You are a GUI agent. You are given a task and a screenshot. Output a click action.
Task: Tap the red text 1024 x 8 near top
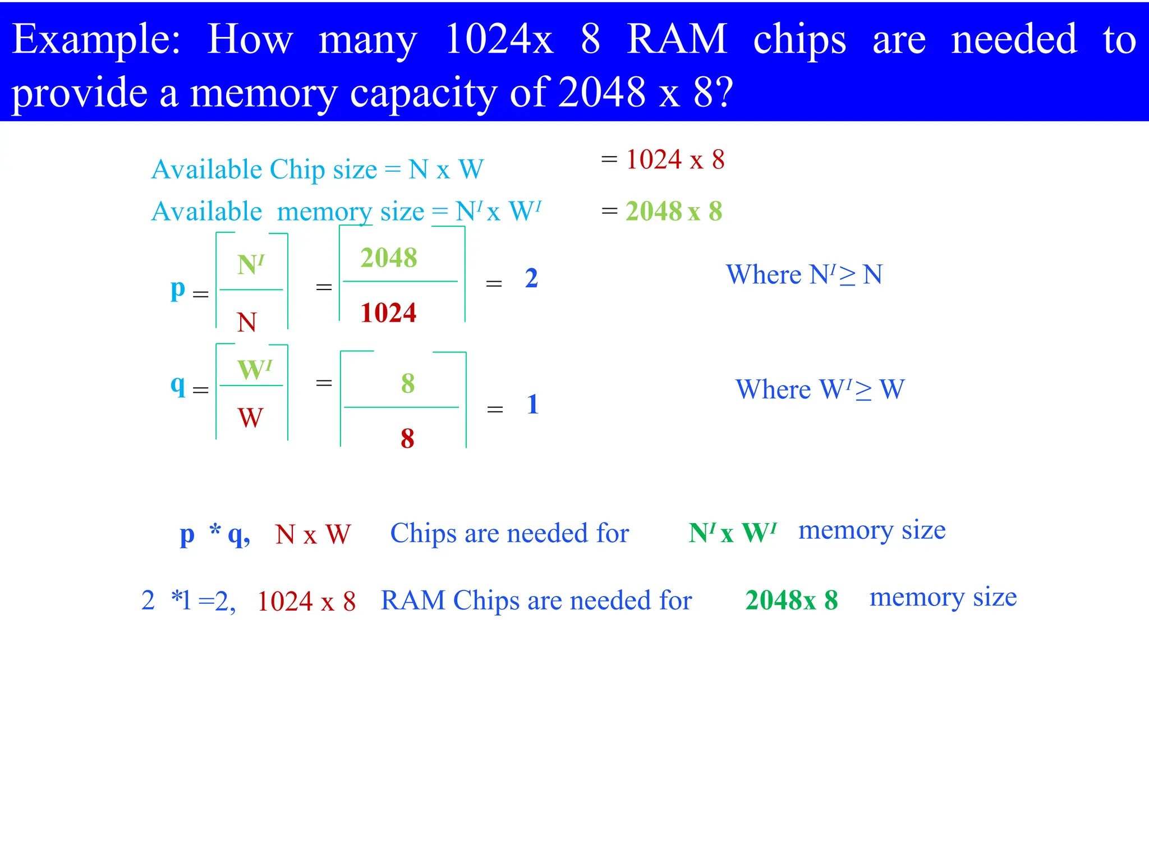coord(675,160)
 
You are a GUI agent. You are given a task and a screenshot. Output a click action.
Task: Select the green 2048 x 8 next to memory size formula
coord(674,212)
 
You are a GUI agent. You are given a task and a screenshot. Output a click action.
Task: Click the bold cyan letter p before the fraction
coord(178,289)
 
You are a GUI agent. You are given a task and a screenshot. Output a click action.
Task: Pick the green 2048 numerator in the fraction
coord(389,258)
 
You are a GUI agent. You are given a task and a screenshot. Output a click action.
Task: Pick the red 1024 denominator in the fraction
coord(388,313)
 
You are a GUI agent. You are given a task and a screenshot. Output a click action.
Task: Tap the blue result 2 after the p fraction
coord(531,278)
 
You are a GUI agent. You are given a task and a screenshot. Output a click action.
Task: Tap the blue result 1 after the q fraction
coord(533,405)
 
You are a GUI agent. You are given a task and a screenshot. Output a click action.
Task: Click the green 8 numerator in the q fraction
coord(408,384)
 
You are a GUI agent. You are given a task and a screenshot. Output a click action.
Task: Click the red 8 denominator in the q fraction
coord(407,438)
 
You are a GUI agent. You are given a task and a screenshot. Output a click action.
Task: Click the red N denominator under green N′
coord(247,322)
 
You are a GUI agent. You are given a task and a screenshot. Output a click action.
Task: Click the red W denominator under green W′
coord(250,418)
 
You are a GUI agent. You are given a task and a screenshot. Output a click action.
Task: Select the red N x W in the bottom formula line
coord(312,534)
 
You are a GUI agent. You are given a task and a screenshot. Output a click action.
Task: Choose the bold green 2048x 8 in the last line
coord(791,600)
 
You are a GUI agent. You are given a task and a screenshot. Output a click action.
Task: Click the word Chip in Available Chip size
coord(298,170)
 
